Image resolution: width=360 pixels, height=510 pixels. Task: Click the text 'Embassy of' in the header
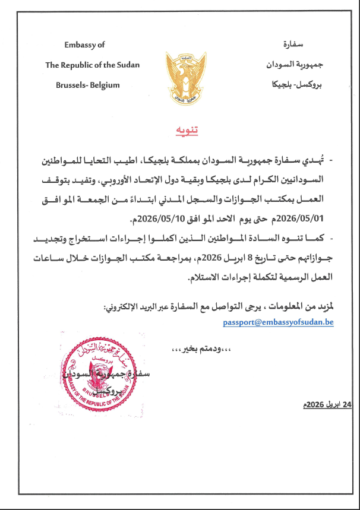[x=84, y=45]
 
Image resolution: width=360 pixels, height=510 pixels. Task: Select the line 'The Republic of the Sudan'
[x=91, y=65]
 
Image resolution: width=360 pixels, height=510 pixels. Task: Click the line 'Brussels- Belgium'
[x=87, y=84]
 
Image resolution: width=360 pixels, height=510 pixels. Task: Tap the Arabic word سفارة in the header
[x=290, y=45]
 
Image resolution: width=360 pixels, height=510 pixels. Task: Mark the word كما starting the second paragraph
[x=314, y=238]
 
